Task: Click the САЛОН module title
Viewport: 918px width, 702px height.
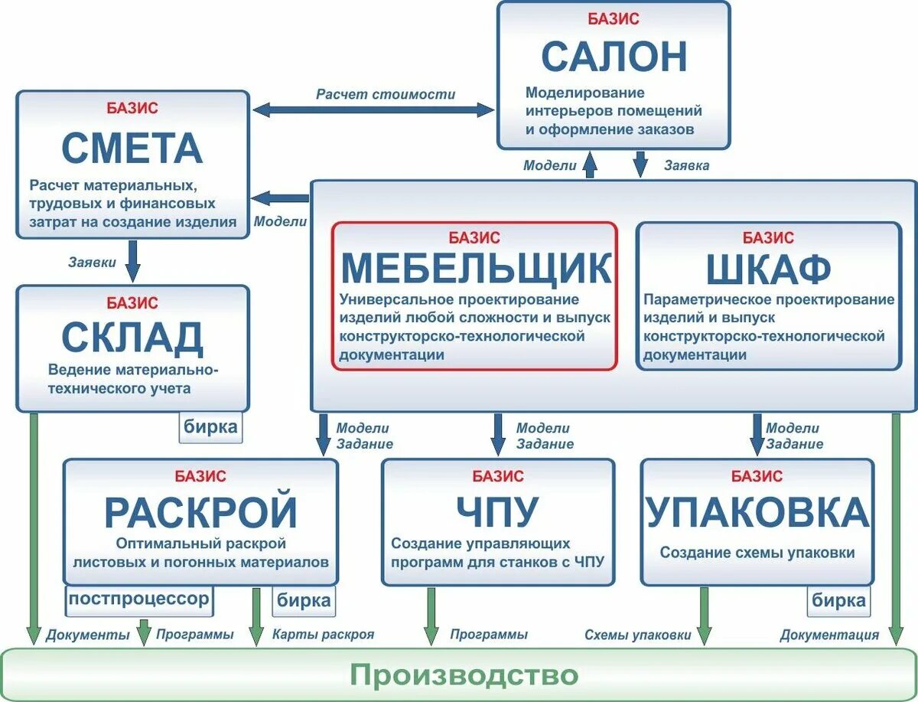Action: coord(614,56)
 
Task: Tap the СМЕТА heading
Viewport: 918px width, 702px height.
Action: coord(132,148)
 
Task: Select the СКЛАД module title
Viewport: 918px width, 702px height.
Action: coord(132,337)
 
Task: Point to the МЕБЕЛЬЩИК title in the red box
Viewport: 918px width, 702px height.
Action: coord(475,267)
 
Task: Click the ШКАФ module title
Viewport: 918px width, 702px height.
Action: coord(768,269)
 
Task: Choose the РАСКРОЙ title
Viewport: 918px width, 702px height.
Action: coord(200,512)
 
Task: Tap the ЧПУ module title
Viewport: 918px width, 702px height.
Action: coord(497,512)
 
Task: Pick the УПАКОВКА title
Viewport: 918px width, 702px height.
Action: coord(757,512)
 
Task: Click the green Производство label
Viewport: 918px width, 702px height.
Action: coord(464,674)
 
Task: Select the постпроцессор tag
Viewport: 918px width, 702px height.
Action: coord(138,599)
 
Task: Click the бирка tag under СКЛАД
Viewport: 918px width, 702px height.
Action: coord(211,426)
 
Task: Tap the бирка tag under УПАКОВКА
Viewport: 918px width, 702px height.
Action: coord(839,600)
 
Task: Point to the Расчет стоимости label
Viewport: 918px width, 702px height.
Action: coord(386,94)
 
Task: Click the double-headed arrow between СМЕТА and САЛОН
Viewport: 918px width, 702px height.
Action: coord(373,109)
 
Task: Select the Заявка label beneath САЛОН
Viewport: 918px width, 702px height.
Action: coord(686,165)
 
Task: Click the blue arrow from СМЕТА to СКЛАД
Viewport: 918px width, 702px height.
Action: coord(133,261)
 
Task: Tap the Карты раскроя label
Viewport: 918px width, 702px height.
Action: coord(323,635)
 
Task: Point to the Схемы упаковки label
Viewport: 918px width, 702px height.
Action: coord(637,635)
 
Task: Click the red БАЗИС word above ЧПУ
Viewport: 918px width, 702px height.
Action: coord(497,476)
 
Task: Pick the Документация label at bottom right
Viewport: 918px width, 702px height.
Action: coord(829,635)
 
